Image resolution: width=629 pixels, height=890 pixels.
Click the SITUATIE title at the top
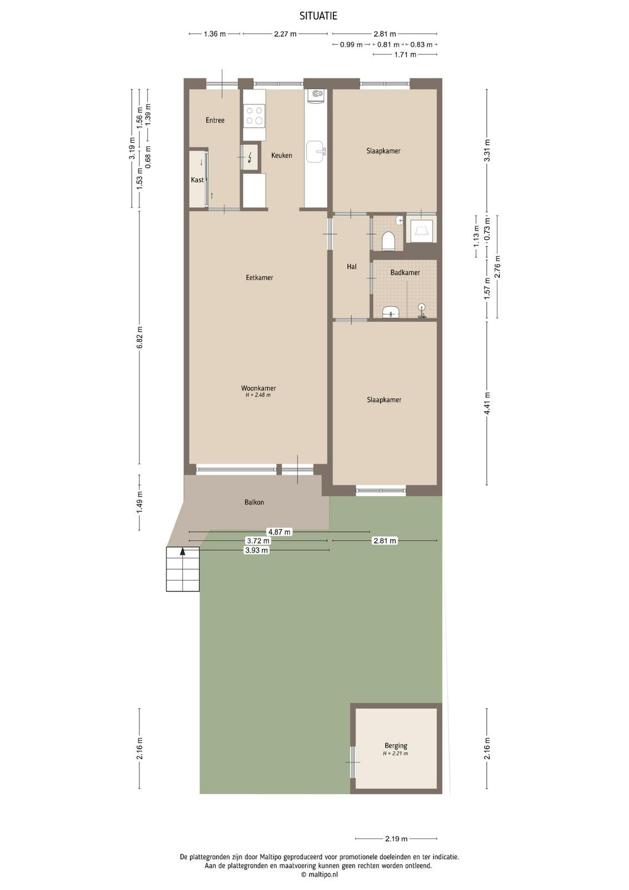(318, 16)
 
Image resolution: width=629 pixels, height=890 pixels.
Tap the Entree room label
(215, 120)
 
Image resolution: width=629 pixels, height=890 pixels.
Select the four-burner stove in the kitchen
(254, 115)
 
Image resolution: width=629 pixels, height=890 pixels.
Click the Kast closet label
(197, 180)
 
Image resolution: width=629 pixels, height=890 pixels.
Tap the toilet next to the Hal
(388, 241)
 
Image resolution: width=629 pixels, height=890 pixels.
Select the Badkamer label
(405, 273)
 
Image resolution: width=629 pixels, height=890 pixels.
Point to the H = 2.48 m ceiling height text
(258, 395)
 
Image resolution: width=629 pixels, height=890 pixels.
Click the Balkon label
(254, 502)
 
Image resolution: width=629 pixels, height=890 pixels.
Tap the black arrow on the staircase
(183, 551)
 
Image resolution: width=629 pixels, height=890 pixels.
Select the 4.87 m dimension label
(279, 532)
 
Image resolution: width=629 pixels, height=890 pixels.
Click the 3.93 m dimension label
(256, 550)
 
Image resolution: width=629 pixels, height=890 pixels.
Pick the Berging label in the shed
(396, 746)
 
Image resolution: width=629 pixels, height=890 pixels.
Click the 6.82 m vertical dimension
(139, 337)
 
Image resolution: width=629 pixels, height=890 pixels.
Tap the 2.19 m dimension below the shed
(396, 839)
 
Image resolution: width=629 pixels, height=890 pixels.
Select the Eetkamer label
(259, 278)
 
